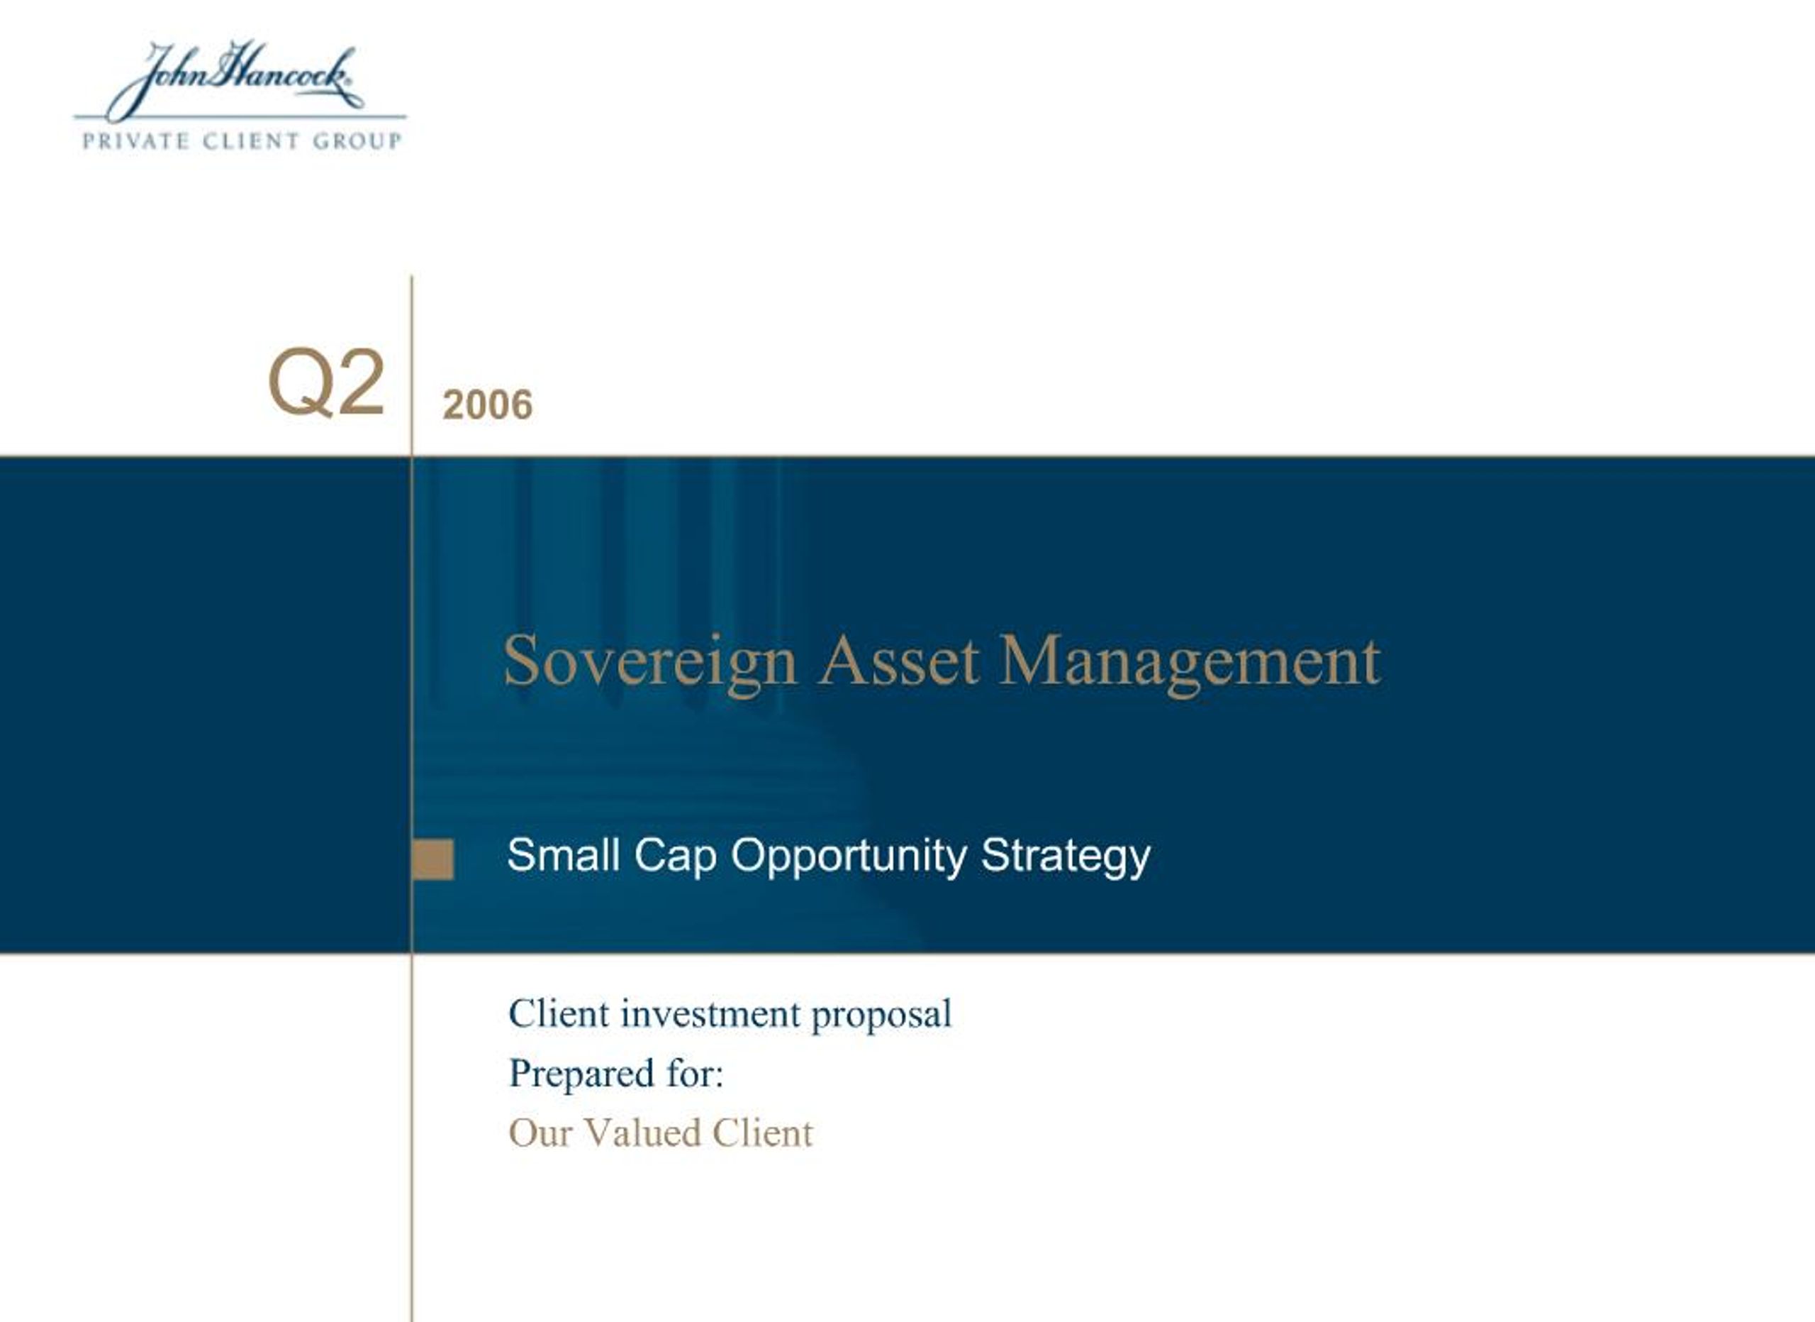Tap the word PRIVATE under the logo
pyautogui.click(x=135, y=141)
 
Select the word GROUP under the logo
pyautogui.click(x=357, y=141)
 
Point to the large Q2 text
pyautogui.click(x=327, y=382)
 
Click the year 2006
pyautogui.click(x=486, y=404)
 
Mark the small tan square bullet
pyautogui.click(x=433, y=859)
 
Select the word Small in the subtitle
pyautogui.click(x=564, y=854)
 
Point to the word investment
pyautogui.click(x=710, y=1014)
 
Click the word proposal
pyautogui.click(x=881, y=1015)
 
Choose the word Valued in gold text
pyautogui.click(x=642, y=1133)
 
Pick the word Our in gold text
pyautogui.click(x=540, y=1133)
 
